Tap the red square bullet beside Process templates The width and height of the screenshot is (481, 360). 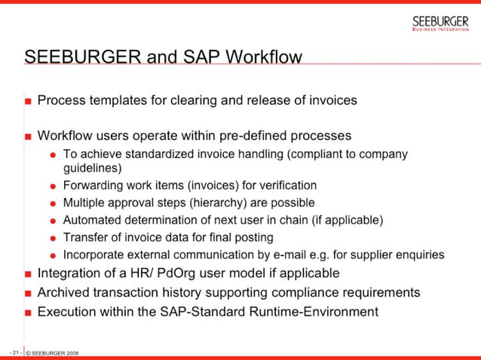pyautogui.click(x=28, y=100)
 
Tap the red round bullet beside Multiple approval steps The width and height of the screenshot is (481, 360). pyautogui.click(x=54, y=203)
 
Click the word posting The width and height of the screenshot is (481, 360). pyautogui.click(x=241, y=237)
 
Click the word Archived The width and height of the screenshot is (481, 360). pyautogui.click(x=64, y=292)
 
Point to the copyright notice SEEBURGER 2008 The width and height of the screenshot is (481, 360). pyautogui.click(x=52, y=352)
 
